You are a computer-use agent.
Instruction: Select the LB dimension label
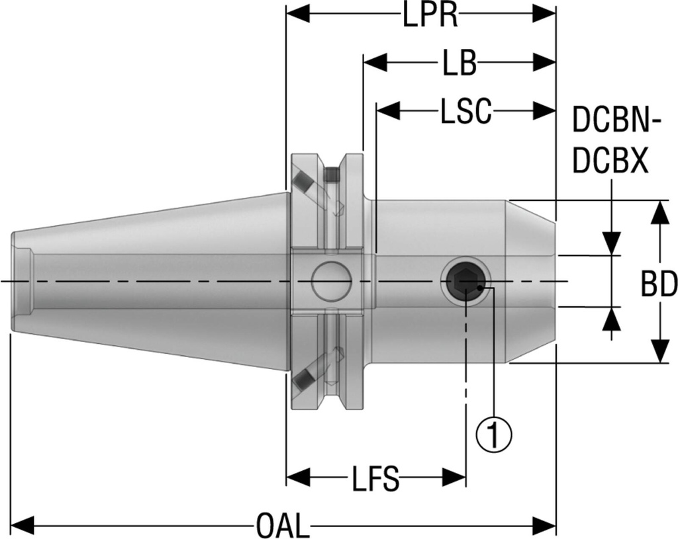[459, 63]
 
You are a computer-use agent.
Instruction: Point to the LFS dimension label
[375, 479]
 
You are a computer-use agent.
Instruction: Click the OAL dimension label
[283, 527]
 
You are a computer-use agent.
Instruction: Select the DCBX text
[610, 161]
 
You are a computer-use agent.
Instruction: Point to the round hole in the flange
[331, 281]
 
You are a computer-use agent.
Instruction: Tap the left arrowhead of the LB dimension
[375, 63]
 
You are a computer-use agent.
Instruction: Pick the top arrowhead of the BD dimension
[660, 214]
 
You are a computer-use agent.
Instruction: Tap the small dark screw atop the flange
[333, 175]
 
